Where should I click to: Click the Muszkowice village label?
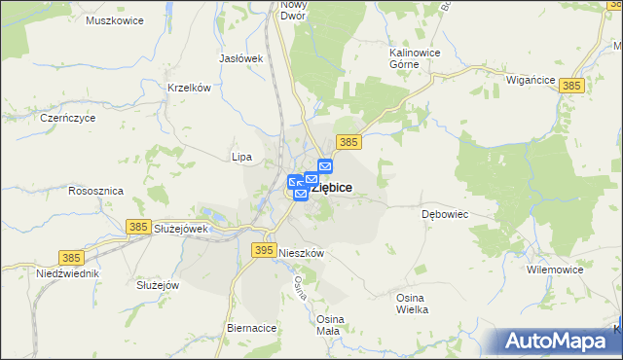point(115,20)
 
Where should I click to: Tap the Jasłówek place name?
point(242,58)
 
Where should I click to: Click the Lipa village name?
point(241,156)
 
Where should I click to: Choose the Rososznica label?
point(95,192)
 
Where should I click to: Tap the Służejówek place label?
point(182,229)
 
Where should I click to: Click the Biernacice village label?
point(252,328)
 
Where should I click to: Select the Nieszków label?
point(301,252)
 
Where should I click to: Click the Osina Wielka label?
point(413,303)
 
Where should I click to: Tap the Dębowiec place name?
point(446,213)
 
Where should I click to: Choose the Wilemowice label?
point(554,269)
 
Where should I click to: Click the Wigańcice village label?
point(531,82)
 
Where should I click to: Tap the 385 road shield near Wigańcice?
point(572,86)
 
